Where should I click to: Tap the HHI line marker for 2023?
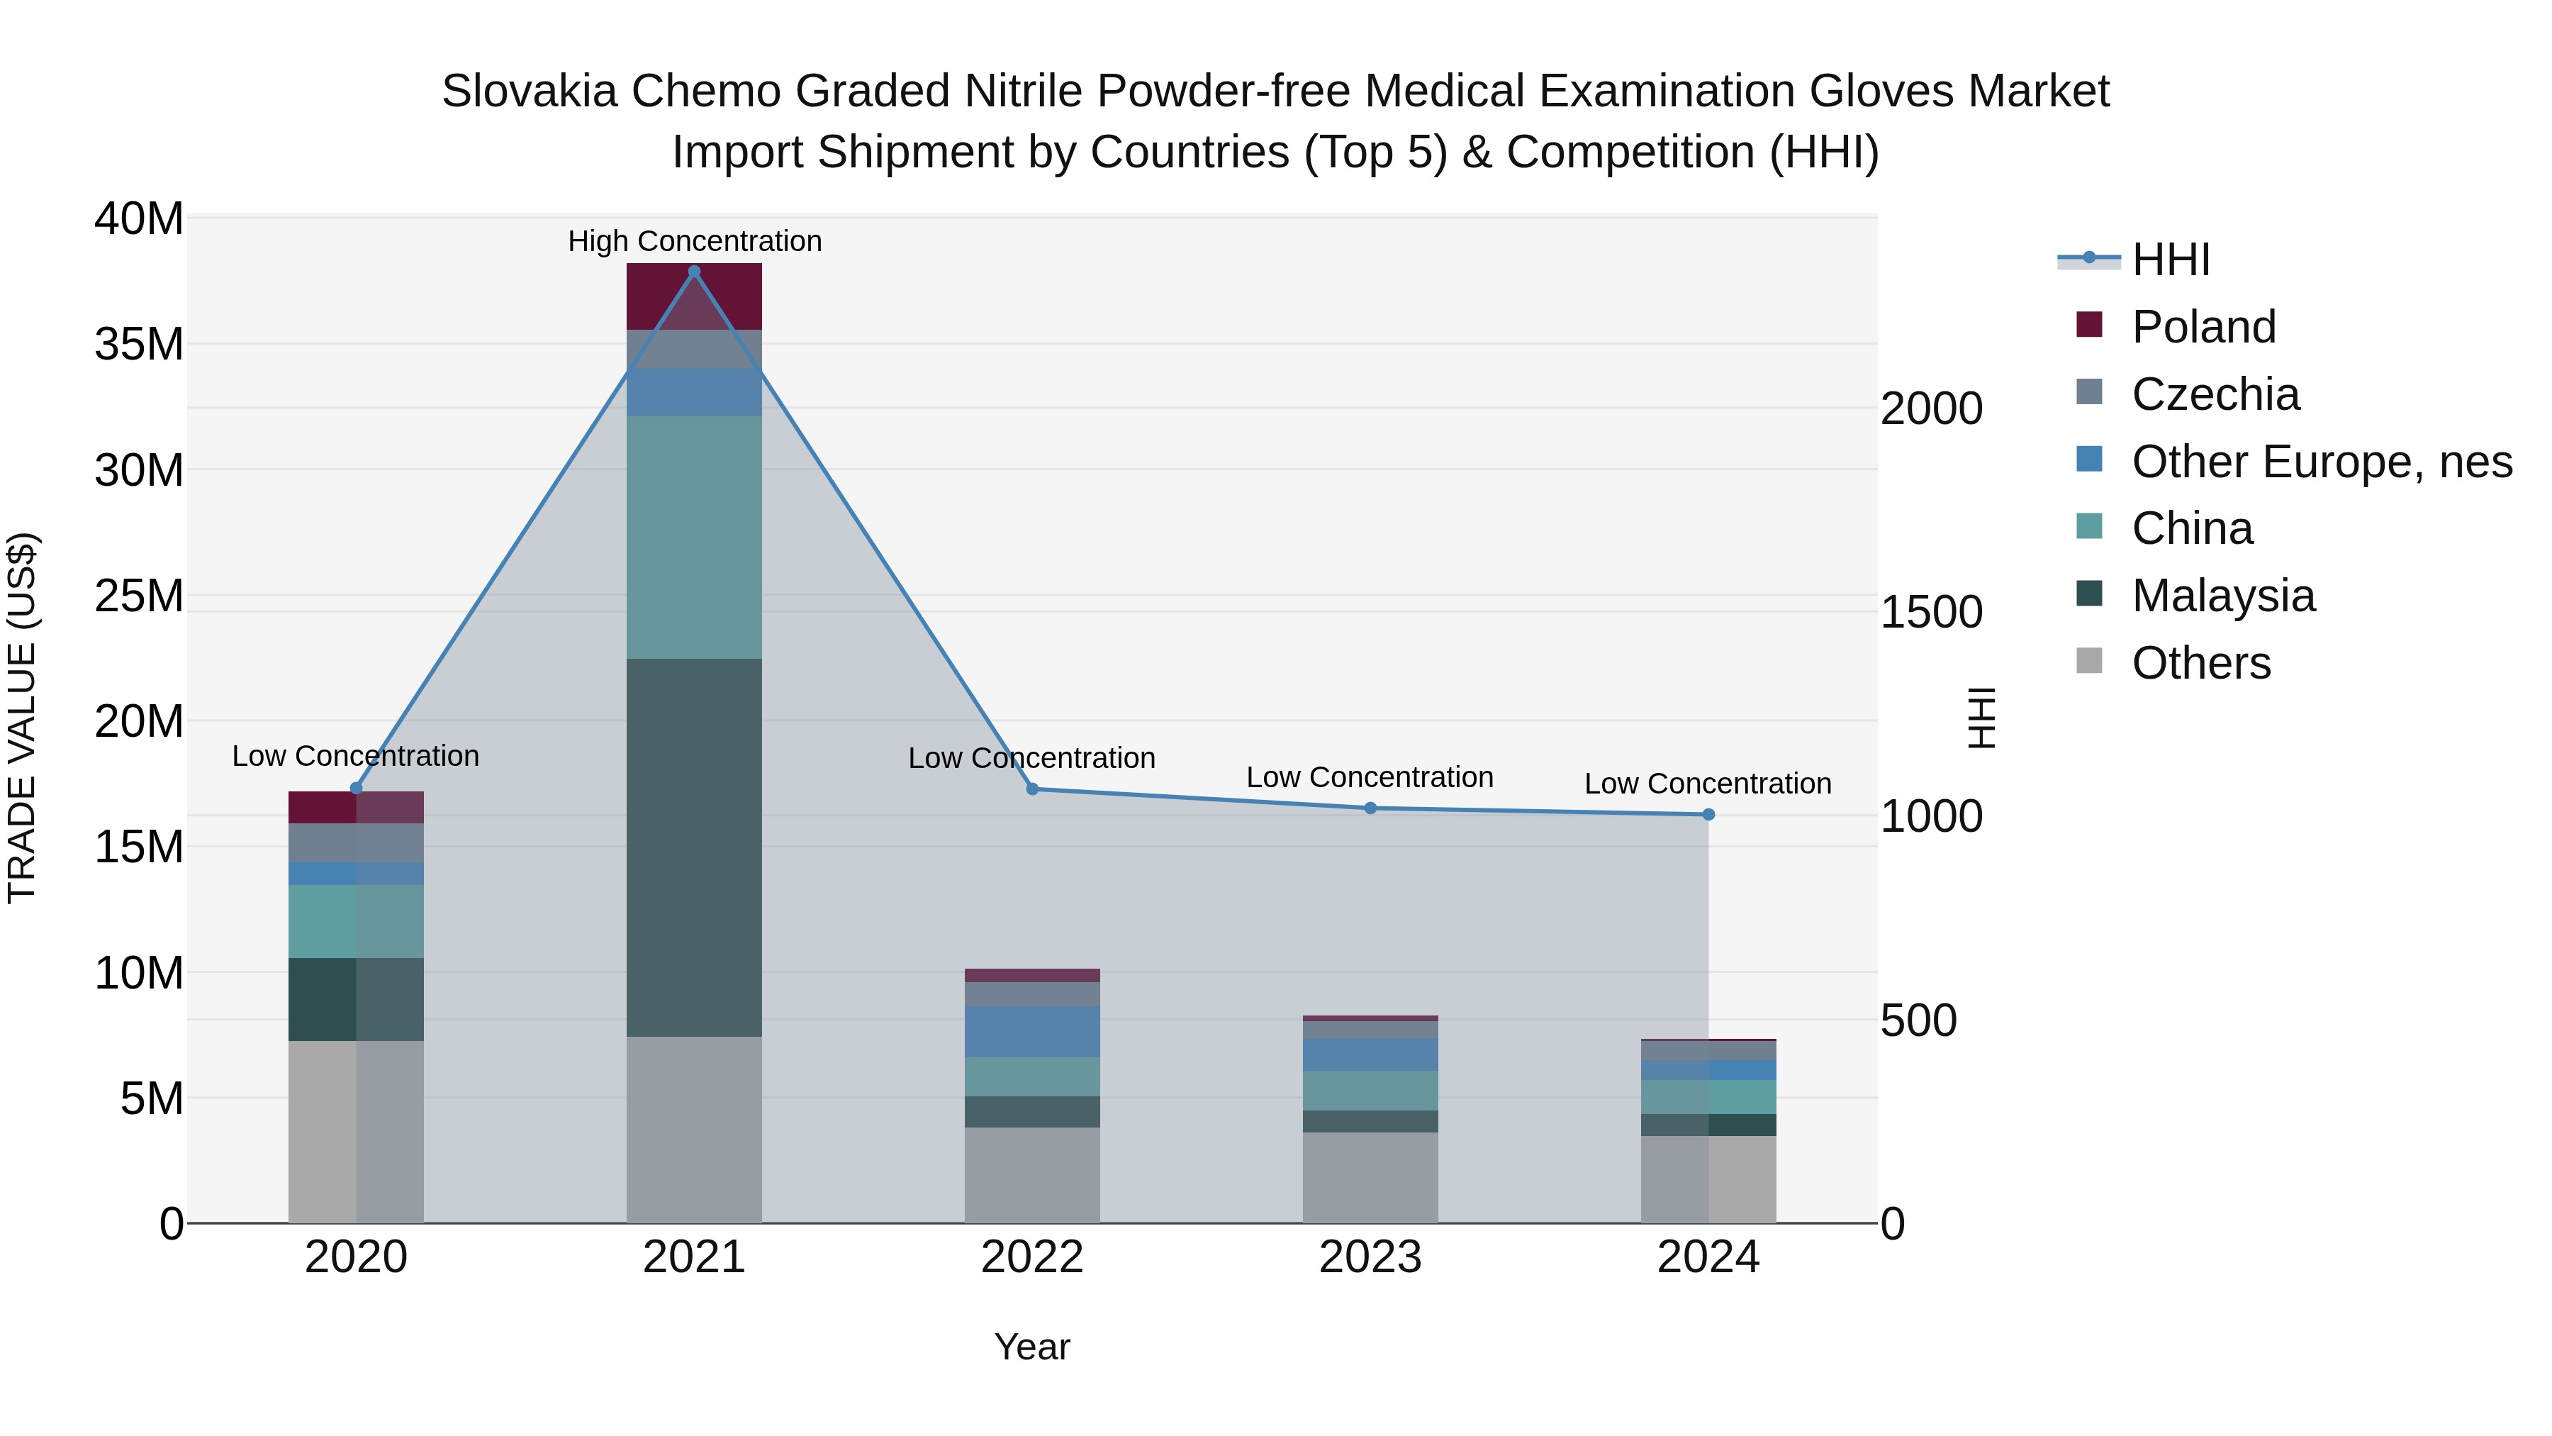[x=1370, y=808]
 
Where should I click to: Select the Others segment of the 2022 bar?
[x=1031, y=1174]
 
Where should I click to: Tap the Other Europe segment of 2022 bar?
[x=1031, y=1032]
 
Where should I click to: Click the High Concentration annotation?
[x=695, y=241]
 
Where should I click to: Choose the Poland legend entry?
[x=2203, y=327]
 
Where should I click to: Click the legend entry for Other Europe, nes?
[x=2321, y=462]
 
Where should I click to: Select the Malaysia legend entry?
[x=2223, y=596]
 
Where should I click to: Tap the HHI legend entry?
[x=2170, y=260]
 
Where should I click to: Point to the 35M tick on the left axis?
[x=139, y=344]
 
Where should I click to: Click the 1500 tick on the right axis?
[x=1931, y=613]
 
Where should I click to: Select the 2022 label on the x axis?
[x=1031, y=1257]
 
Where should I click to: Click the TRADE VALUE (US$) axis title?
[x=22, y=718]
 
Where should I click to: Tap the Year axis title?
[x=1031, y=1347]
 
